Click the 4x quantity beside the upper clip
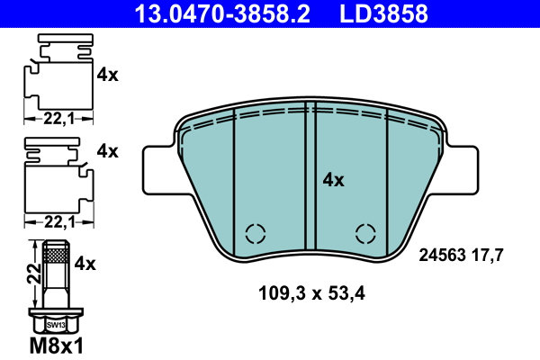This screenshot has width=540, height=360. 107,76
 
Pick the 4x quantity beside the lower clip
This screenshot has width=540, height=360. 107,151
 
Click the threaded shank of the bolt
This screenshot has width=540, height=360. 55,270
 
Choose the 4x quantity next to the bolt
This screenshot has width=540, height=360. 85,264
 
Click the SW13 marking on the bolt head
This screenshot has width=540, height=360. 55,324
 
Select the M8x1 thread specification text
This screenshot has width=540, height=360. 56,346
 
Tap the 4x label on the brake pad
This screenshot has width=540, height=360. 333,180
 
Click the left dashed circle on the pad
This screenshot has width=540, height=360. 256,233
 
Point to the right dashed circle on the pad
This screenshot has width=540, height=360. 365,233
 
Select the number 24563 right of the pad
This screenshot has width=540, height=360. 445,255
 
